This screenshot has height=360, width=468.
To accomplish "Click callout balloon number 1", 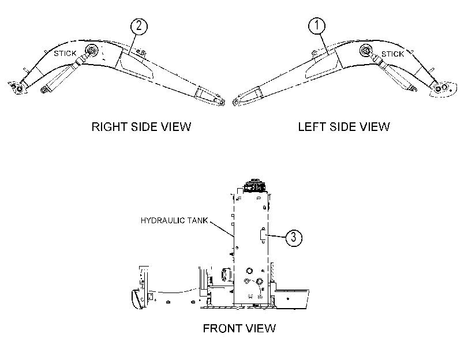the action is coord(317,26).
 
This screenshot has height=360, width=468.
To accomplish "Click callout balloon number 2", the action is coord(139,27).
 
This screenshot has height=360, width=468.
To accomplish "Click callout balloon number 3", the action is coord(294,238).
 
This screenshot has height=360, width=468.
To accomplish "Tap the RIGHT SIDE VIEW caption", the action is coord(141,126).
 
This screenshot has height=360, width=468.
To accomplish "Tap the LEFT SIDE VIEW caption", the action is coord(344,126).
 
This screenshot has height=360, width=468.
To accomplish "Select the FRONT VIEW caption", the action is coord(239,328).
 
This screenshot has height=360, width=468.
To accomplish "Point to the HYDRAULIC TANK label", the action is coord(174,220).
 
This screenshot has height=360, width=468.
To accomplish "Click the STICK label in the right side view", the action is coord(65,54).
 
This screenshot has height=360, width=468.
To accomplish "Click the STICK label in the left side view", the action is coord(392,54).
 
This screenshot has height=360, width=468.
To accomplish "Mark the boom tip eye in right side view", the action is coord(222,102).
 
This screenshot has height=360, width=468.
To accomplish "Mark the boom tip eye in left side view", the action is coord(236,103).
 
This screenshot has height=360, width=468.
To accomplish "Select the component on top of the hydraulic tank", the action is coord(254,185).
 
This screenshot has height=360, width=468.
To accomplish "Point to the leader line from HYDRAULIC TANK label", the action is coord(222,228).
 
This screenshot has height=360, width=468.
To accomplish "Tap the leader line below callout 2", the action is coord(133,44).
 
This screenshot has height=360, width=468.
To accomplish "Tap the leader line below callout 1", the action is coord(324,45).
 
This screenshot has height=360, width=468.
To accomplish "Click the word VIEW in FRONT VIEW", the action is coord(258,328).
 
